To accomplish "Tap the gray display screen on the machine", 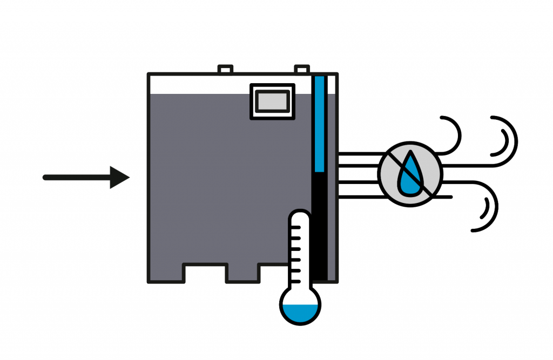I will click(x=272, y=100).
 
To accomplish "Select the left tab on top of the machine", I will click(x=225, y=70).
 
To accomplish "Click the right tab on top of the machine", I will click(x=302, y=70).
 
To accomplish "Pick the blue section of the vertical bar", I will click(x=319, y=124).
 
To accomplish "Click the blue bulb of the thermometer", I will click(x=300, y=313).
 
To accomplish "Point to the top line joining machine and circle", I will click(x=359, y=154).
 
